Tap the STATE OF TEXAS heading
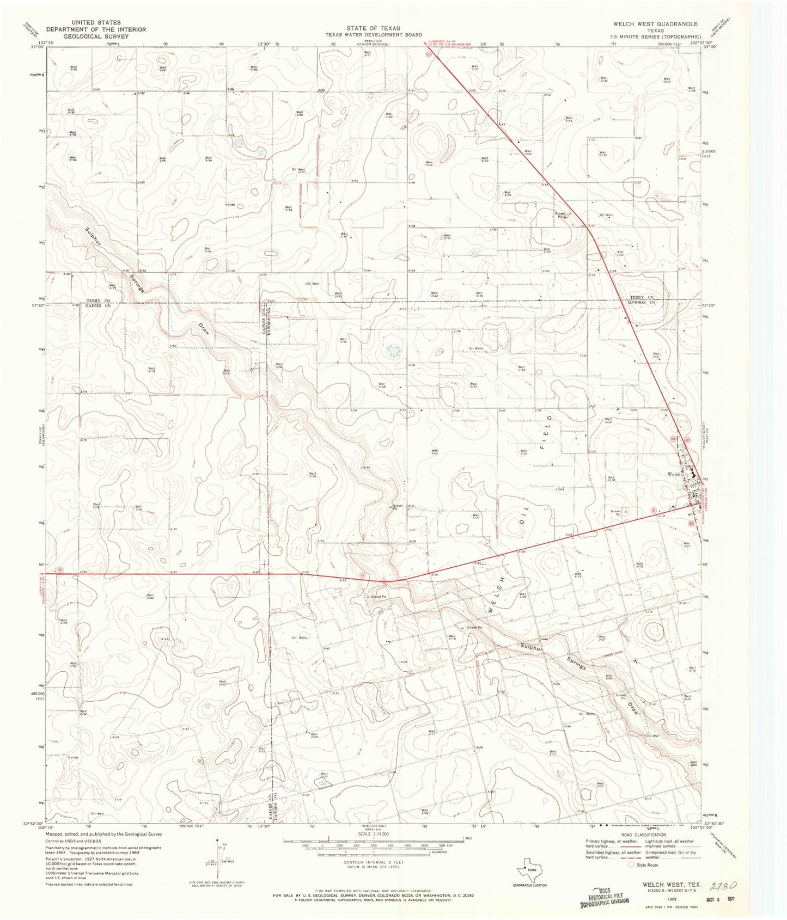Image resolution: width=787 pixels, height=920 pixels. coord(373,28)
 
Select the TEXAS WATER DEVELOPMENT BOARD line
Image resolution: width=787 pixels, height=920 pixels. coord(374,34)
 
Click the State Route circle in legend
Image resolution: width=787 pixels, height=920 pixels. coord(631,864)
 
